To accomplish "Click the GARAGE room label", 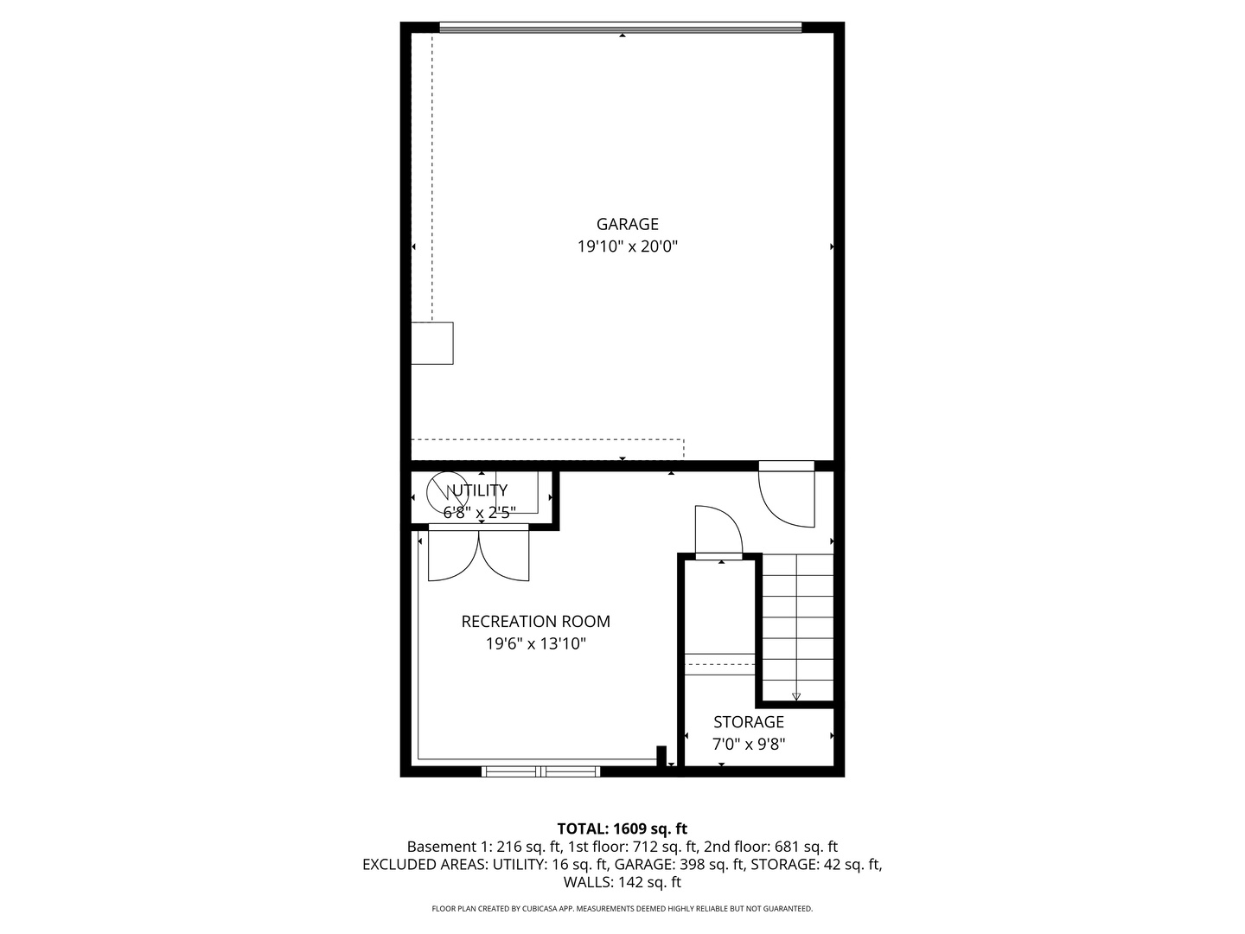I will coord(627,224).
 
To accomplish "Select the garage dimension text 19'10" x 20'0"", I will coord(627,246).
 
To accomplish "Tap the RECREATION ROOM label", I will coord(535,621).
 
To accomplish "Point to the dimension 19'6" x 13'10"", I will coord(535,643).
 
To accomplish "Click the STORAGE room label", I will coord(749,721).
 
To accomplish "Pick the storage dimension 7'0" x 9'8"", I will coord(749,744).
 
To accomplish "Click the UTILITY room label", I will coord(477,490).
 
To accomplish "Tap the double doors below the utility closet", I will coord(478,553).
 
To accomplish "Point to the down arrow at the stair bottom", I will coord(796,695).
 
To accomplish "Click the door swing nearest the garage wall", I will coord(788,497).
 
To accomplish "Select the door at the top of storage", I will coord(718,531).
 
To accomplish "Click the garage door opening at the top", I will coord(621,28).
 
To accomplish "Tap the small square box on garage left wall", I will coord(431,342).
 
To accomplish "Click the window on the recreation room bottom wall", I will coord(540,771).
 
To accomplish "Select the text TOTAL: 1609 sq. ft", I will coord(622,828).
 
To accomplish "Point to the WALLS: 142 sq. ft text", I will coord(622,882).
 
